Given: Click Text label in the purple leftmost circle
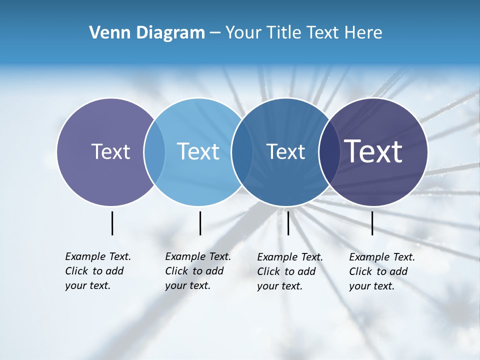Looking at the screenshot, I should click(x=110, y=151).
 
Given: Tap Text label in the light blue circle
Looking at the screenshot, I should click(x=198, y=151).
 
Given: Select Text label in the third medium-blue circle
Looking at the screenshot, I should click(x=285, y=151).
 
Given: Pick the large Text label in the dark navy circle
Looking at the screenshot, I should click(x=373, y=151).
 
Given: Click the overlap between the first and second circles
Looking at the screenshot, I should click(x=154, y=151).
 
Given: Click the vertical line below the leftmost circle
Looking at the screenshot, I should click(x=112, y=223).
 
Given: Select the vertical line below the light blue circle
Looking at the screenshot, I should click(x=200, y=223).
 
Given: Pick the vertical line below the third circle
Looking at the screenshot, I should click(x=288, y=223).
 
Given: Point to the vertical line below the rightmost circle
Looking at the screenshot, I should click(x=372, y=223).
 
